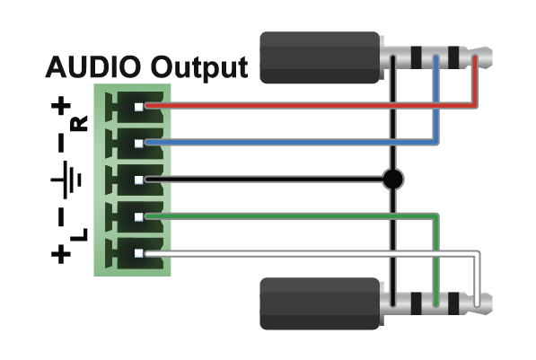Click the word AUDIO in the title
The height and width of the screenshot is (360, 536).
coord(93,66)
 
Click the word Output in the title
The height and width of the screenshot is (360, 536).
coord(199,68)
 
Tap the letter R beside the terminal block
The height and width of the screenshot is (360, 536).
coord(79,123)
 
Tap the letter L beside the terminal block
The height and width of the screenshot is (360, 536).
coord(79,234)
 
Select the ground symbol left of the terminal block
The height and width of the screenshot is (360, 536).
coord(66,180)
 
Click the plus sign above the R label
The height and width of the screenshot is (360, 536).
coord(61,105)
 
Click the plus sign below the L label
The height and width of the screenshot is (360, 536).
coord(61,254)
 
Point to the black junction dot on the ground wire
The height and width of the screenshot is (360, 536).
coord(393,179)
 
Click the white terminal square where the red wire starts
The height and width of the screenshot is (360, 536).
coord(138,107)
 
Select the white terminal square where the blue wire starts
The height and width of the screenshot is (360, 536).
coord(138,144)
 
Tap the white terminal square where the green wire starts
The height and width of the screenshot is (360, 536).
coord(138,216)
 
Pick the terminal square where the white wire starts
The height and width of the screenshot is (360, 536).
coord(138,254)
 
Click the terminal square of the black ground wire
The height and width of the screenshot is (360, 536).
coord(138,180)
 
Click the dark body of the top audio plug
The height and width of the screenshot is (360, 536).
coord(320,57)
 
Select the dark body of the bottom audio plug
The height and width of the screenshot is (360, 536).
coord(320,303)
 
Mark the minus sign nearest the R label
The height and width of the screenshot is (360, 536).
coord(61,143)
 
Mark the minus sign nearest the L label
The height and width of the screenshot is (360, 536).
coord(61,217)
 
